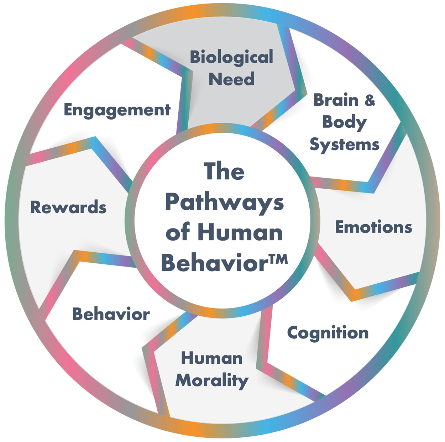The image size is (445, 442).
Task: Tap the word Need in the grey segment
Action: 231,79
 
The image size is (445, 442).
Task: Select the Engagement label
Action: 117,110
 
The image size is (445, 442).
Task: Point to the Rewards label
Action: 68,207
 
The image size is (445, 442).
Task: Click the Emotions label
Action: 373,227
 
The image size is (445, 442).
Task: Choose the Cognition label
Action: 328,333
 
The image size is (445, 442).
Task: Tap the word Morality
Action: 212,381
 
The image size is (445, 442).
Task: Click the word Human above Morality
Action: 212,358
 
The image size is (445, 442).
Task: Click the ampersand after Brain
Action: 370,100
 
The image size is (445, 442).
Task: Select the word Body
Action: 344,122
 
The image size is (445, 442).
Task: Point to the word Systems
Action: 344,145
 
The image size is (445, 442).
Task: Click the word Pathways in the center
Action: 224,203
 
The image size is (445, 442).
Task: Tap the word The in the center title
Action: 224,172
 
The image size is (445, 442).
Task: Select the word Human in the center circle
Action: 240,233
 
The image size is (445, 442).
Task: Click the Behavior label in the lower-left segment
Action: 111,314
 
